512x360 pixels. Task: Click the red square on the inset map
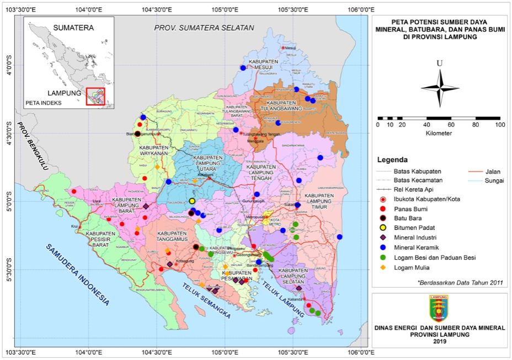tap(95, 96)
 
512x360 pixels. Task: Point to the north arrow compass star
tap(440, 88)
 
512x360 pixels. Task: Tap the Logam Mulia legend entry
tap(408, 267)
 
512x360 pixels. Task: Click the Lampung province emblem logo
tap(439, 309)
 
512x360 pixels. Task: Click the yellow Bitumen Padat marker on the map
tap(192, 201)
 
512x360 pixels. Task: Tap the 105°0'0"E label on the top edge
tap(225, 9)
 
